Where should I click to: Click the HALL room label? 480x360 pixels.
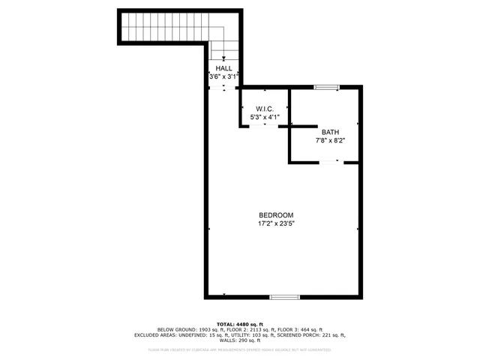[x=223, y=68]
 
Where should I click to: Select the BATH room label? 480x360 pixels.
[x=330, y=132]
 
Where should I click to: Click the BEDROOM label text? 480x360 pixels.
[x=276, y=214]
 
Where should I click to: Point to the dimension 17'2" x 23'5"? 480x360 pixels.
[x=276, y=223]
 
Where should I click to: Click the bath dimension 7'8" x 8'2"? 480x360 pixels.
[x=330, y=140]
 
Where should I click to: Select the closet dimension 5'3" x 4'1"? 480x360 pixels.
[x=265, y=116]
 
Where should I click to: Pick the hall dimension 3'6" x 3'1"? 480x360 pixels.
[x=223, y=76]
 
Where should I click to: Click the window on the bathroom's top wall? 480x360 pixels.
[x=325, y=88]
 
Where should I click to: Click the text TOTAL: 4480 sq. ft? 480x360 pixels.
[x=240, y=323]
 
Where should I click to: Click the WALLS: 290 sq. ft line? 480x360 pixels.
[x=240, y=341]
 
